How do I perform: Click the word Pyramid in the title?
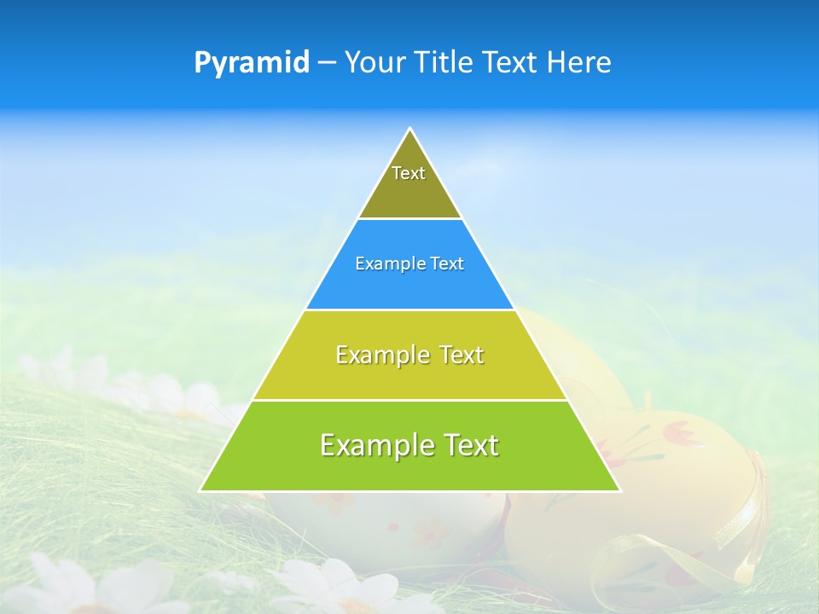pyautogui.click(x=252, y=63)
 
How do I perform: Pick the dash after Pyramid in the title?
pyautogui.click(x=327, y=63)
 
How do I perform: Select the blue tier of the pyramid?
pyautogui.click(x=409, y=286)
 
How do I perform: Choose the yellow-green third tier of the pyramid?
pyautogui.click(x=409, y=375)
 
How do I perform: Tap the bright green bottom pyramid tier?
pyautogui.click(x=409, y=469)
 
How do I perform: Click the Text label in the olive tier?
pyautogui.click(x=409, y=173)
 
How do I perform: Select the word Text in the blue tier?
pyautogui.click(x=448, y=264)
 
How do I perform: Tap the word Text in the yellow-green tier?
pyautogui.click(x=462, y=355)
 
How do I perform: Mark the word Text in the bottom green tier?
pyautogui.click(x=470, y=445)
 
